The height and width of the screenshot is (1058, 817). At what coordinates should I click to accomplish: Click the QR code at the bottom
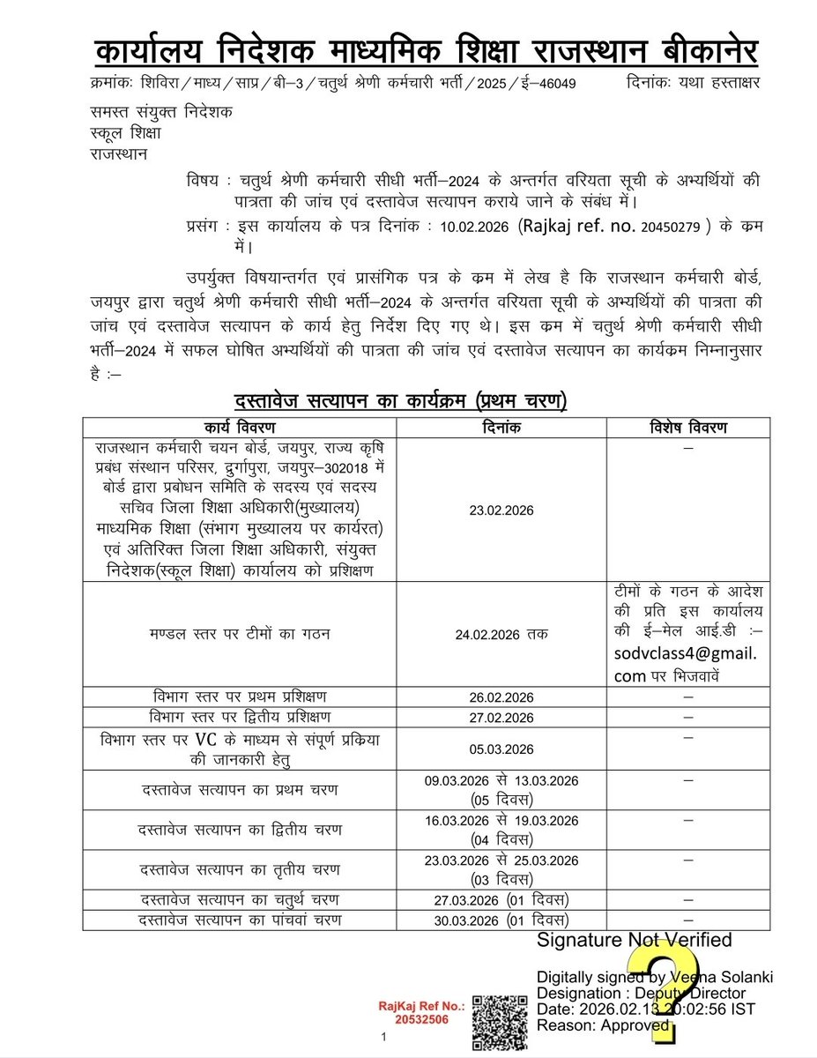[499, 1021]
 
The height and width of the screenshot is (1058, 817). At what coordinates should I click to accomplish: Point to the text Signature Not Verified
[635, 941]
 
